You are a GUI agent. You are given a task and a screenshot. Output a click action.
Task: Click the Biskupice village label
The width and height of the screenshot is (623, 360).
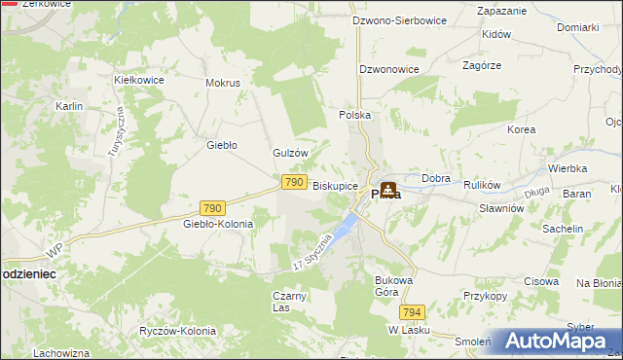coord(335,185)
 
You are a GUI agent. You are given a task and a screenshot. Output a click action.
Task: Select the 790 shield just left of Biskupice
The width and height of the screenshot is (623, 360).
coord(295,182)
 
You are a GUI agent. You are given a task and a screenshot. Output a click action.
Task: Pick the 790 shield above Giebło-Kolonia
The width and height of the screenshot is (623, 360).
coord(213,207)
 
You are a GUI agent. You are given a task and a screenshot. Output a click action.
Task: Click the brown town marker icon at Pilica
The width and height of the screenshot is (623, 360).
coord(388,190)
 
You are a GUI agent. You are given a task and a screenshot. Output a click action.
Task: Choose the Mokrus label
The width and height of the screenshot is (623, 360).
coord(223,83)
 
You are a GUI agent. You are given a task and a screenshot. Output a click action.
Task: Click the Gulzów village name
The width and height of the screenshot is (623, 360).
coord(290,153)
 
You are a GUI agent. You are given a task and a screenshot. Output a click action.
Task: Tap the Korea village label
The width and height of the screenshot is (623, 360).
coord(522,128)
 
